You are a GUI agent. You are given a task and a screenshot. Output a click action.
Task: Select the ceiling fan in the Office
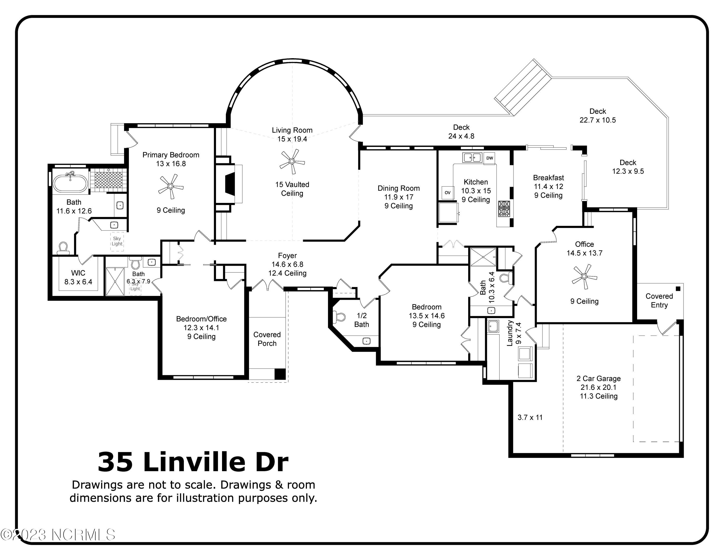pyautogui.click(x=585, y=276)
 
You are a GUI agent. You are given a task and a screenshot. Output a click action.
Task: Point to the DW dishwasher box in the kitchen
pyautogui.click(x=490, y=158)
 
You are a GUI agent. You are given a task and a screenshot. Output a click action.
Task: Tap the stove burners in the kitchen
pyautogui.click(x=504, y=208)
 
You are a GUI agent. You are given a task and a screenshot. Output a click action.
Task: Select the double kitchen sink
pyautogui.click(x=472, y=157)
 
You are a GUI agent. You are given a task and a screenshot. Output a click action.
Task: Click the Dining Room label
pyautogui.click(x=398, y=188)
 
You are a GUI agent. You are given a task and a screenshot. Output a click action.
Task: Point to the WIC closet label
pyautogui.click(x=78, y=273)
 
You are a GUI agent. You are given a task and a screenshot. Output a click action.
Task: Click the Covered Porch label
pyautogui.click(x=267, y=339)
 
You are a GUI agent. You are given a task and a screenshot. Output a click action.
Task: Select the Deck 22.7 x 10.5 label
pyautogui.click(x=598, y=116)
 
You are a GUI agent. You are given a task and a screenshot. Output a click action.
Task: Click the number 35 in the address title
pyautogui.click(x=115, y=462)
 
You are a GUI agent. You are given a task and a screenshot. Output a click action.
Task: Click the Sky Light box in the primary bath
pyautogui.click(x=117, y=241)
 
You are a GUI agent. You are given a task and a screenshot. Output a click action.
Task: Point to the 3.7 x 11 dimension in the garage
pyautogui.click(x=530, y=417)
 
